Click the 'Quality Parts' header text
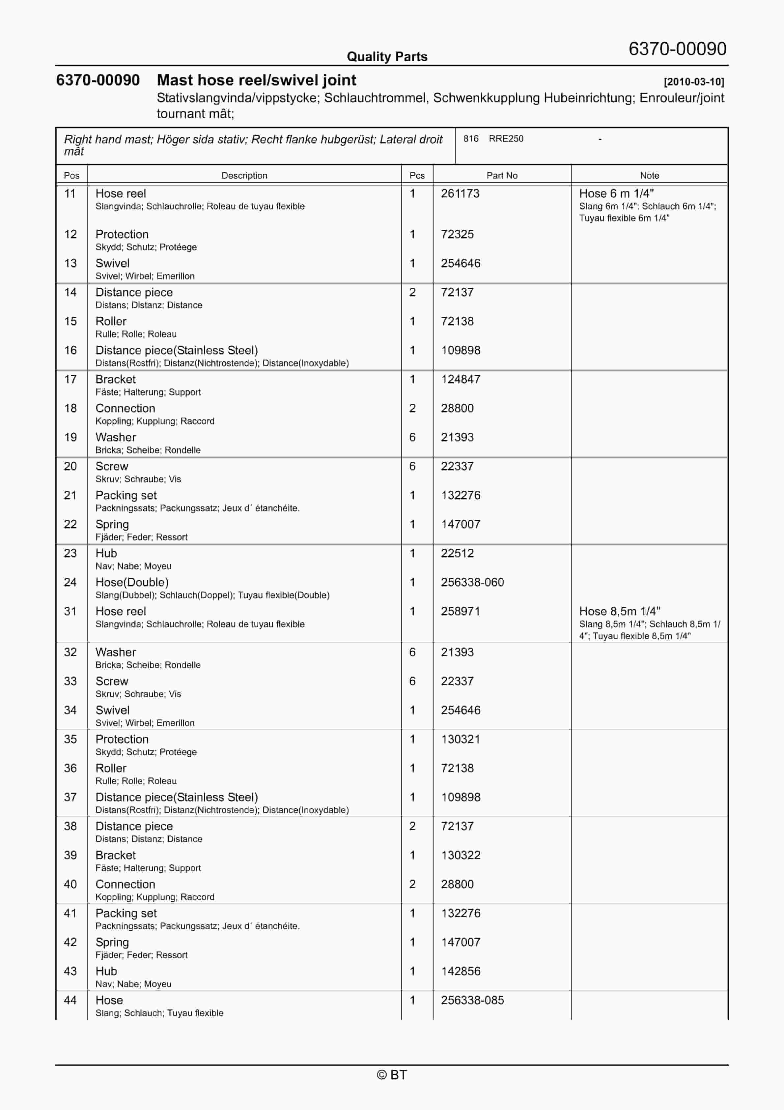click(387, 57)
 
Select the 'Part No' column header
click(502, 175)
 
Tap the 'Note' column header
click(649, 175)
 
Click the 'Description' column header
click(244, 175)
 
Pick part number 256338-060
click(472, 582)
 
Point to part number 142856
click(461, 971)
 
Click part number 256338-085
click(472, 1000)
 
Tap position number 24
click(70, 582)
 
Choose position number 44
click(70, 1000)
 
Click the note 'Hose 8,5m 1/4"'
click(620, 611)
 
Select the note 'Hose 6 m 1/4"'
click(616, 193)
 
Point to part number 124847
click(461, 379)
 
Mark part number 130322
click(461, 855)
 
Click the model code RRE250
click(506, 139)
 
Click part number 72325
click(457, 234)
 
